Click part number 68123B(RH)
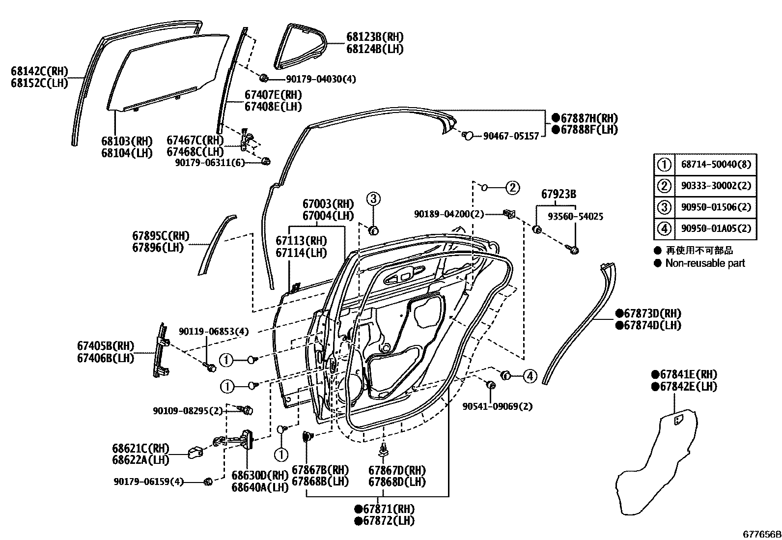374,37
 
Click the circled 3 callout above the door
373,199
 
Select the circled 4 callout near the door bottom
529,376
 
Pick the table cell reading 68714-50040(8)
716,164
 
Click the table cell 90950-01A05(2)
716,228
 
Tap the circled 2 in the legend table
664,186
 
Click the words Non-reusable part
705,263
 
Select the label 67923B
559,195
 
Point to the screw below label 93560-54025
574,250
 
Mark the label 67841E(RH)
684,374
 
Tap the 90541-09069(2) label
498,406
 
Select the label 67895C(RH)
161,236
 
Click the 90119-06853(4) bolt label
214,332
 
